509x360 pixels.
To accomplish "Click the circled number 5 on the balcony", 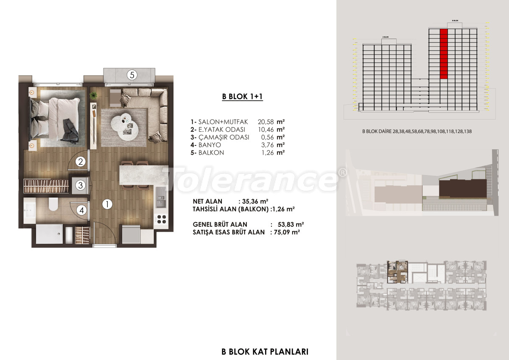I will pyautogui.click(x=132, y=75).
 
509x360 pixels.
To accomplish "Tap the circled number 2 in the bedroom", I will pyautogui.click(x=81, y=161).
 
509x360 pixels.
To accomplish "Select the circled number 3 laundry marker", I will pyautogui.click(x=81, y=185).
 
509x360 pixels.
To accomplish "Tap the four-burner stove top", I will pyautogui.click(x=162, y=219).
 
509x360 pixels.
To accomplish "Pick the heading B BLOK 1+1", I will pyautogui.click(x=243, y=97).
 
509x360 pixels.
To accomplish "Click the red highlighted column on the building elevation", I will pyautogui.click(x=444, y=54).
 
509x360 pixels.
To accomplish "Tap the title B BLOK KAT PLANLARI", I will pyautogui.click(x=265, y=352).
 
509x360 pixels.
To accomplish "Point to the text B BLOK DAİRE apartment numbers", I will pyautogui.click(x=417, y=131).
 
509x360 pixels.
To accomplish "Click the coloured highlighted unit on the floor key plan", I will pyautogui.click(x=398, y=271).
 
